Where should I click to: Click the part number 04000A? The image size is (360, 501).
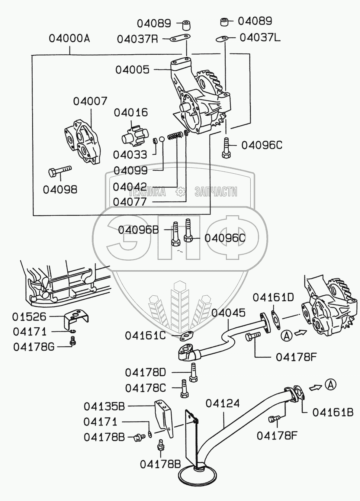point(69,39)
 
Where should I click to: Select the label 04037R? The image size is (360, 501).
point(137,39)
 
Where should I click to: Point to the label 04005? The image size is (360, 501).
point(132,70)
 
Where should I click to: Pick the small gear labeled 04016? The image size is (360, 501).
point(134,135)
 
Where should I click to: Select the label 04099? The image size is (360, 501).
point(130,171)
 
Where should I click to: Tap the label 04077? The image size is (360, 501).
point(130,202)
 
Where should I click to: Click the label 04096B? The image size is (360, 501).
point(138,230)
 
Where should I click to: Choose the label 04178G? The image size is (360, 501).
point(34,347)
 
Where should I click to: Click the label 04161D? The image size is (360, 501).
point(273,297)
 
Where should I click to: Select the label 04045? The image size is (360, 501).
point(228,313)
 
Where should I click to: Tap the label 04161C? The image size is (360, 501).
point(145,336)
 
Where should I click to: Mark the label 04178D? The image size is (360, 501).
point(146,373)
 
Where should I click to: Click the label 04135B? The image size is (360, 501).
point(104,406)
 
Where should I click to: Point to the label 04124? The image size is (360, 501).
point(223,403)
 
